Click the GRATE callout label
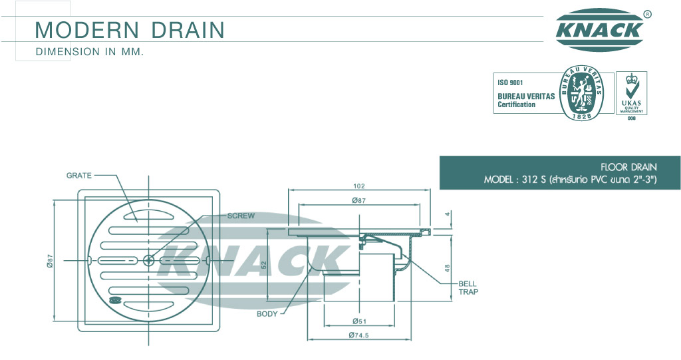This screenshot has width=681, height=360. [x=79, y=176]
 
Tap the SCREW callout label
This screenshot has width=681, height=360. [x=241, y=216]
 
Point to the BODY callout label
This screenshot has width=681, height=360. [x=267, y=313]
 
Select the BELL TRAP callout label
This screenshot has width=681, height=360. [x=468, y=287]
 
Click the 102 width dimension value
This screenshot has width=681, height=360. [x=359, y=186]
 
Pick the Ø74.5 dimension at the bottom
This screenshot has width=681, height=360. [x=359, y=335]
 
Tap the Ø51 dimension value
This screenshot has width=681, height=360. [x=359, y=321]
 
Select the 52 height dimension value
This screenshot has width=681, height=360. [x=263, y=265]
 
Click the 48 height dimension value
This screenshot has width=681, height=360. [x=448, y=268]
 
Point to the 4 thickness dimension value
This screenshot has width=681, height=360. [x=448, y=214]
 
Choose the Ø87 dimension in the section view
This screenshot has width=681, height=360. [x=359, y=200]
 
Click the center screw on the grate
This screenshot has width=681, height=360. [x=148, y=260]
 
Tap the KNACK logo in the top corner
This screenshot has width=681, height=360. [x=599, y=29]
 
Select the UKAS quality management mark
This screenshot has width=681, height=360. [x=632, y=93]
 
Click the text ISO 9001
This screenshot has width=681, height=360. [x=510, y=83]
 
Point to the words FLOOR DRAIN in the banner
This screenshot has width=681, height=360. [x=628, y=167]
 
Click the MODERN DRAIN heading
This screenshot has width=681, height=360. [x=130, y=29]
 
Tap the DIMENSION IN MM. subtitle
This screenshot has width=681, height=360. [x=90, y=52]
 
